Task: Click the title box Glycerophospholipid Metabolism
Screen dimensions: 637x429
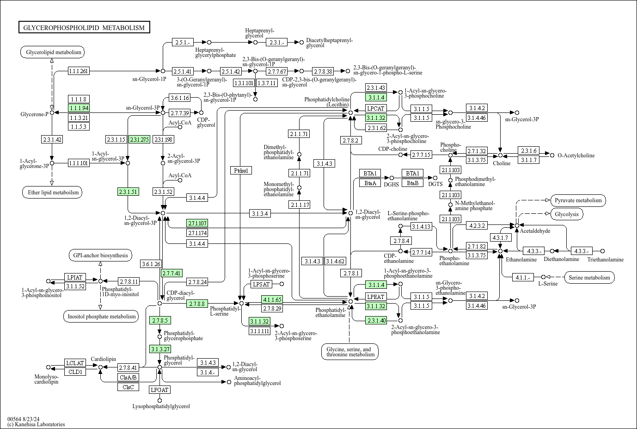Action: [x=84, y=27]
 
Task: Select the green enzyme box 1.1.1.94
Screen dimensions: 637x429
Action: [x=79, y=108]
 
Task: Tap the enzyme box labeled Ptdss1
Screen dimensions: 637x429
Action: [x=241, y=170]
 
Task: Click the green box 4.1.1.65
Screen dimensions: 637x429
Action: [x=272, y=299]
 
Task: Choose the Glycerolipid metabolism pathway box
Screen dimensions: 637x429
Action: [x=53, y=52]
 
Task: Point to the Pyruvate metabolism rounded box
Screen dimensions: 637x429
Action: [x=578, y=200]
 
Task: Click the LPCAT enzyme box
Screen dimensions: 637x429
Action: [x=376, y=108]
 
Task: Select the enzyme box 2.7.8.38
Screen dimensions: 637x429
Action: [x=323, y=71]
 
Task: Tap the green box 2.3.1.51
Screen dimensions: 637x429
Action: [x=128, y=192]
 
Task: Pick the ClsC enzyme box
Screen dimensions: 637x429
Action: [x=128, y=387]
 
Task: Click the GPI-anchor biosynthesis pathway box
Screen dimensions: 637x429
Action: [x=100, y=255]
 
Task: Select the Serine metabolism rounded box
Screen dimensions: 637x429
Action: [x=589, y=278]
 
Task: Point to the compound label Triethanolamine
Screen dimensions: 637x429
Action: [x=606, y=260]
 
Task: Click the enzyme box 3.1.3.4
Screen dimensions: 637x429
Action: [x=260, y=213]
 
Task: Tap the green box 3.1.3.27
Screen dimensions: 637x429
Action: [x=160, y=349]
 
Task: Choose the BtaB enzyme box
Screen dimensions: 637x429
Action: [x=413, y=183]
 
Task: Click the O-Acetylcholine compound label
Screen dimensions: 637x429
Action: [x=576, y=155]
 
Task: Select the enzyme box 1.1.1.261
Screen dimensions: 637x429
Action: [x=79, y=71]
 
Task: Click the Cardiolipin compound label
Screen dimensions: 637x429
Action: [x=103, y=359]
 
